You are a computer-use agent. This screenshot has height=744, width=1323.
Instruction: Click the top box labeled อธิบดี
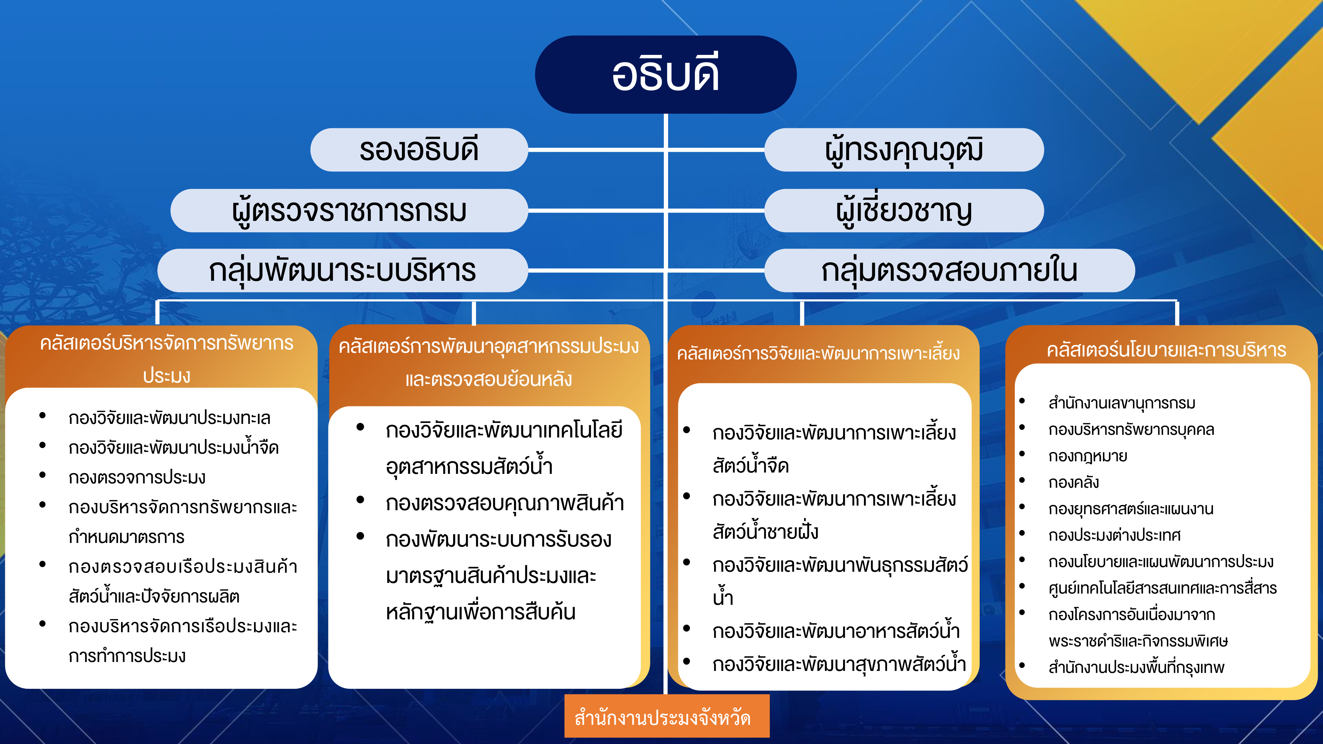click(665, 74)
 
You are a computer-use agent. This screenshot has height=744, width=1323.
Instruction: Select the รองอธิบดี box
click(419, 150)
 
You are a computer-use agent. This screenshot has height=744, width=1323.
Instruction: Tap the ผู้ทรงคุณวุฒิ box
click(904, 150)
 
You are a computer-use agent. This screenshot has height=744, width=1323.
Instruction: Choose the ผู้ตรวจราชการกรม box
click(349, 211)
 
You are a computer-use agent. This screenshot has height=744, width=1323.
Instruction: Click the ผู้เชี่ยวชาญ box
click(904, 211)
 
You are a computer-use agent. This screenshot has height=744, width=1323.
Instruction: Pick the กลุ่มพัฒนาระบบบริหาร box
click(343, 270)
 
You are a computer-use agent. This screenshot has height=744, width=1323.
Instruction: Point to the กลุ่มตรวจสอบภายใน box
click(949, 270)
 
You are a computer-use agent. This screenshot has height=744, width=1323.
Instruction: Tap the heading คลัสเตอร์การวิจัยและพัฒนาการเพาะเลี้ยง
click(818, 353)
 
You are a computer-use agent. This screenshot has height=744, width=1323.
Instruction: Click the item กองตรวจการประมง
click(137, 477)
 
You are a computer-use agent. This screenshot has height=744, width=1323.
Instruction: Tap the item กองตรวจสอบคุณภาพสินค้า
click(504, 503)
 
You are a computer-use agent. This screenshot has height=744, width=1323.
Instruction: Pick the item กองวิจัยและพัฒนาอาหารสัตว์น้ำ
click(835, 631)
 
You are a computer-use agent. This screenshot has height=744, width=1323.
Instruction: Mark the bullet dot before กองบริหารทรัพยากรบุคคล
click(1022, 427)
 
